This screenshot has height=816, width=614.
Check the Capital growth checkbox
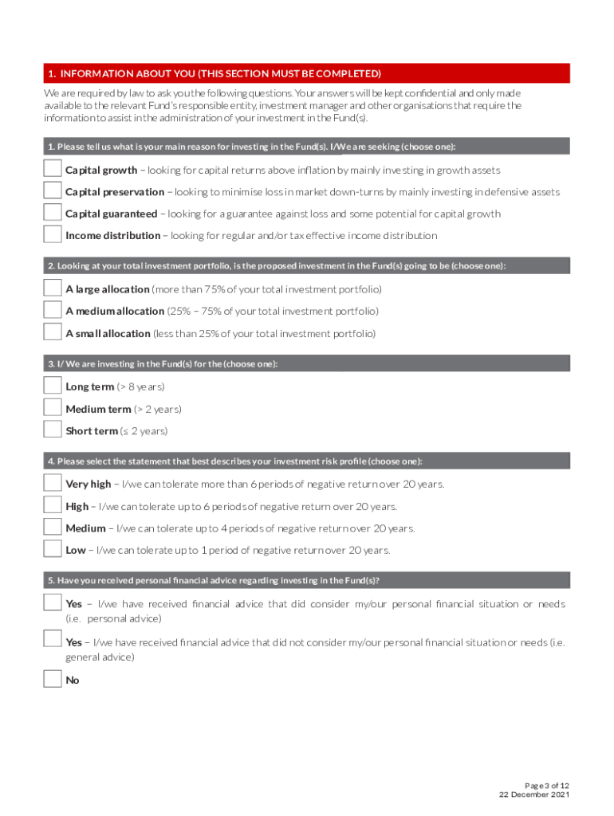coord(53,169)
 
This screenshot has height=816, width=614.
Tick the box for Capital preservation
coord(53,190)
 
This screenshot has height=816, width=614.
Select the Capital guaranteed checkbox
coord(53,213)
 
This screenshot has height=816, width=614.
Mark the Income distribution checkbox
coord(53,234)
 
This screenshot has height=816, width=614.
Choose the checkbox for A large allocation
coord(53,288)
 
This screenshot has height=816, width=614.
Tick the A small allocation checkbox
coord(53,332)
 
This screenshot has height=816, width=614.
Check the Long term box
coord(53,386)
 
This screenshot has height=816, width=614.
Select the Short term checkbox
coord(53,430)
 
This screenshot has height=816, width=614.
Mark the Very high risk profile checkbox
coord(53,483)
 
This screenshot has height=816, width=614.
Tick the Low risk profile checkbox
coord(53,549)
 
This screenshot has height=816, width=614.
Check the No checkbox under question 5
coord(53,680)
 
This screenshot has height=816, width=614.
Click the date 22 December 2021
coord(534,794)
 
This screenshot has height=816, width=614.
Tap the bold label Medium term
coord(98,409)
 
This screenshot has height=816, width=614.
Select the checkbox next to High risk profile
coord(53,505)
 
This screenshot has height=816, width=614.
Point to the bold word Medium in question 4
coord(85,528)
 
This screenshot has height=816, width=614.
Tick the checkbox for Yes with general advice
coord(53,638)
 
